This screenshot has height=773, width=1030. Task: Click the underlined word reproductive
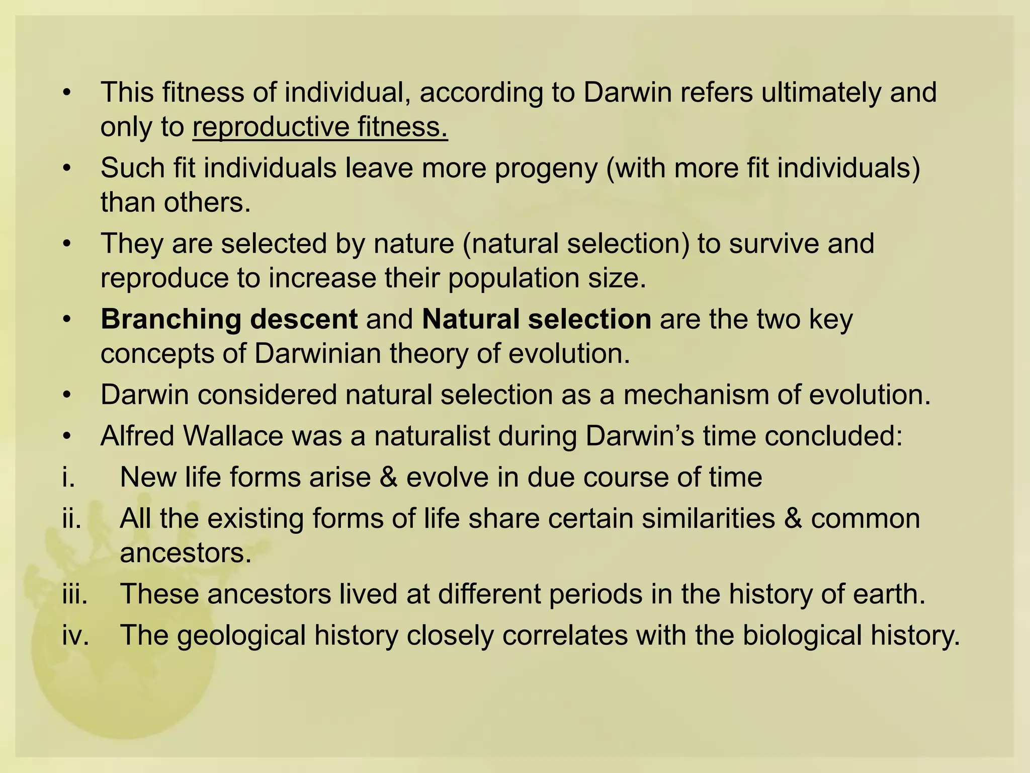click(x=271, y=127)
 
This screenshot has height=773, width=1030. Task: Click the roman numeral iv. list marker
click(x=75, y=635)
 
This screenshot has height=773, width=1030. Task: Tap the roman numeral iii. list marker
click(x=75, y=594)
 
